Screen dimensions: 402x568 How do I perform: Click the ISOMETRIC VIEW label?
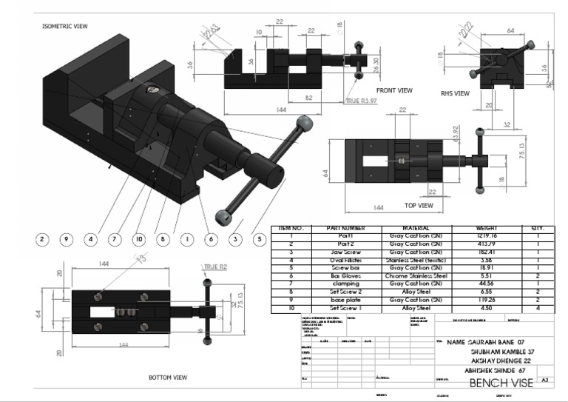coord(64,26)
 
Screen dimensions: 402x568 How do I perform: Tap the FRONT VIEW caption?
coord(394,90)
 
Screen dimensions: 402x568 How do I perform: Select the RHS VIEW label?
coord(455,94)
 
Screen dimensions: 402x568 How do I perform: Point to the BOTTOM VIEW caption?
coord(168,377)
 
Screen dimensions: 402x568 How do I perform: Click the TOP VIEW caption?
coord(419,205)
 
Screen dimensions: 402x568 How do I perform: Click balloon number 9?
coord(66,239)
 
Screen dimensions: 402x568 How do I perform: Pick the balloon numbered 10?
coord(138,239)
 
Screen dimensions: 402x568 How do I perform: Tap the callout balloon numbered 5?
coord(259,239)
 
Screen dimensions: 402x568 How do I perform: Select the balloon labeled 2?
coord(42,239)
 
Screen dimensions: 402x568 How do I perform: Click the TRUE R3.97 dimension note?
coord(362,100)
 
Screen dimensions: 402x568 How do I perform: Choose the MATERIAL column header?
coord(416,229)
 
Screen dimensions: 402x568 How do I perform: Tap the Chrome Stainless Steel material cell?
coord(416,275)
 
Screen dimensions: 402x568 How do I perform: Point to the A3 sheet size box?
coord(545,379)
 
